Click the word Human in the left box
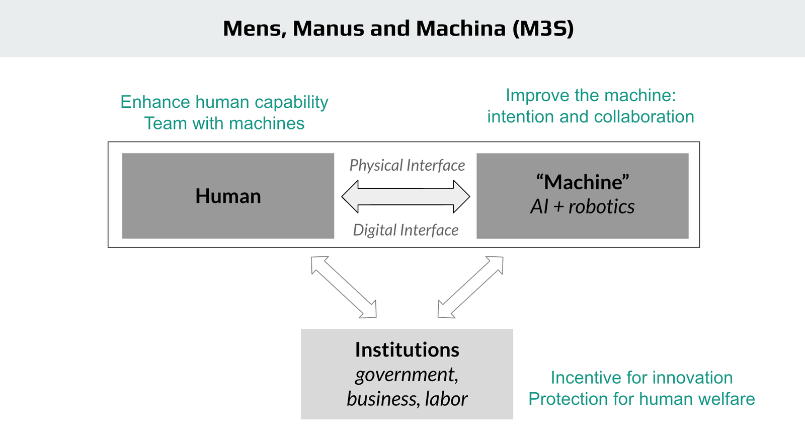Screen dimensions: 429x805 [x=228, y=196]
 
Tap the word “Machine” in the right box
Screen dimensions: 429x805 [x=583, y=182]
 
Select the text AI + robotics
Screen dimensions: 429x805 [x=583, y=206]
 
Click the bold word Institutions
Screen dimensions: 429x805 [x=407, y=349]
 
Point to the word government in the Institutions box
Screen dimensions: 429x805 [x=406, y=375]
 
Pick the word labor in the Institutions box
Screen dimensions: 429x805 [x=446, y=399]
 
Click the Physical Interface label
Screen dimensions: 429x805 [x=407, y=165]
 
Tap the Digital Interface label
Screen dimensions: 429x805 [x=406, y=230]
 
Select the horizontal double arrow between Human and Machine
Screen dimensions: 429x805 [x=406, y=196]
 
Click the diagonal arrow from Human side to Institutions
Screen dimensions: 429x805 [x=344, y=287]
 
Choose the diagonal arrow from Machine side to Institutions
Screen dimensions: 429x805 [x=470, y=287]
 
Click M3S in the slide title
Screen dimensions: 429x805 [x=543, y=28]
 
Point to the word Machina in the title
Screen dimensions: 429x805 [x=460, y=28]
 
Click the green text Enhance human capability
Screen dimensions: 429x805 [x=224, y=102]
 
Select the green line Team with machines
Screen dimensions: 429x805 [x=224, y=123]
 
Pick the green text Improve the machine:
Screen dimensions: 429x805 [x=591, y=95]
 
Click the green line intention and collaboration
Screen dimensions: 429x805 [x=591, y=117]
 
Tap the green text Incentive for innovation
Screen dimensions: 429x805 [x=641, y=378]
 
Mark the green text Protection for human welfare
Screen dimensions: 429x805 [x=641, y=399]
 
